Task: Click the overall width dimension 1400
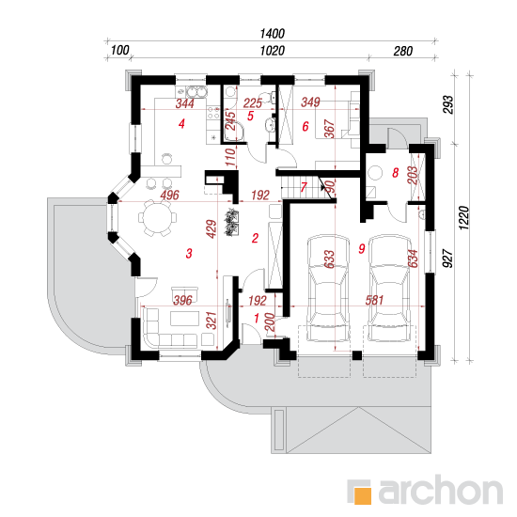pos(272,33)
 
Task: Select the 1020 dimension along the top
pos(272,51)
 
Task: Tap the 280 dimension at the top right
pos(403,51)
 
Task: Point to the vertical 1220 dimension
pos(463,218)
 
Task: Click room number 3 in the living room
pos(189,254)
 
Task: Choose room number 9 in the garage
pos(362,248)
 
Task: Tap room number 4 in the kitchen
pos(181,124)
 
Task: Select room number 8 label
pos(396,172)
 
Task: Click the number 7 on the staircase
pos(304,187)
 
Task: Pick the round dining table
pos(157,218)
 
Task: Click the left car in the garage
pos(328,288)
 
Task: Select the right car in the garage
pos(390,288)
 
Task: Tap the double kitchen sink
pos(196,92)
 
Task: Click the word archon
pos(441,490)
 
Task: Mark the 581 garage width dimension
pos(374,300)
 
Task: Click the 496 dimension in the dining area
pos(170,195)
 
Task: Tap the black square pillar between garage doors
pos(357,355)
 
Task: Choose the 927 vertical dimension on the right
pos(447,258)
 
